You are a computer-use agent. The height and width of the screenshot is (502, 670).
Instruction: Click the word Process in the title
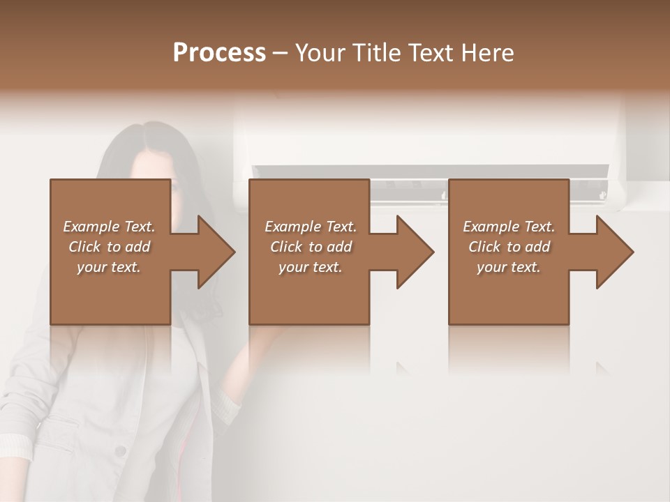219,52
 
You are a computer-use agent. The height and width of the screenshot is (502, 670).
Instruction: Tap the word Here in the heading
488,52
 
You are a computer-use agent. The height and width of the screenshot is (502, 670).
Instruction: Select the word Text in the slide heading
429,52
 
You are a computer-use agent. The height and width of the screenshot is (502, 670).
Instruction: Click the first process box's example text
110,247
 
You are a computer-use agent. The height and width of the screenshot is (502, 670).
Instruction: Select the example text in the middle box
311,247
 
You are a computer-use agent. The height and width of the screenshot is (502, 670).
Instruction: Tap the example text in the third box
509,247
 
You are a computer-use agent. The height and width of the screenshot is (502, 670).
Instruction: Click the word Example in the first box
90,227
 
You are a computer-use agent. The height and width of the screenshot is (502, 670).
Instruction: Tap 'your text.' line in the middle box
311,267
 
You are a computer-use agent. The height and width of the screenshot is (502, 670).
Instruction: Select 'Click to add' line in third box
509,247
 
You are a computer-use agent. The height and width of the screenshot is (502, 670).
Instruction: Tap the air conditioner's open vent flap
429,172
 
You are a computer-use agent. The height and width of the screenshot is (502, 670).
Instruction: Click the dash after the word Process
281,53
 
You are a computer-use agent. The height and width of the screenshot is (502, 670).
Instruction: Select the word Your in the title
316,52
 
